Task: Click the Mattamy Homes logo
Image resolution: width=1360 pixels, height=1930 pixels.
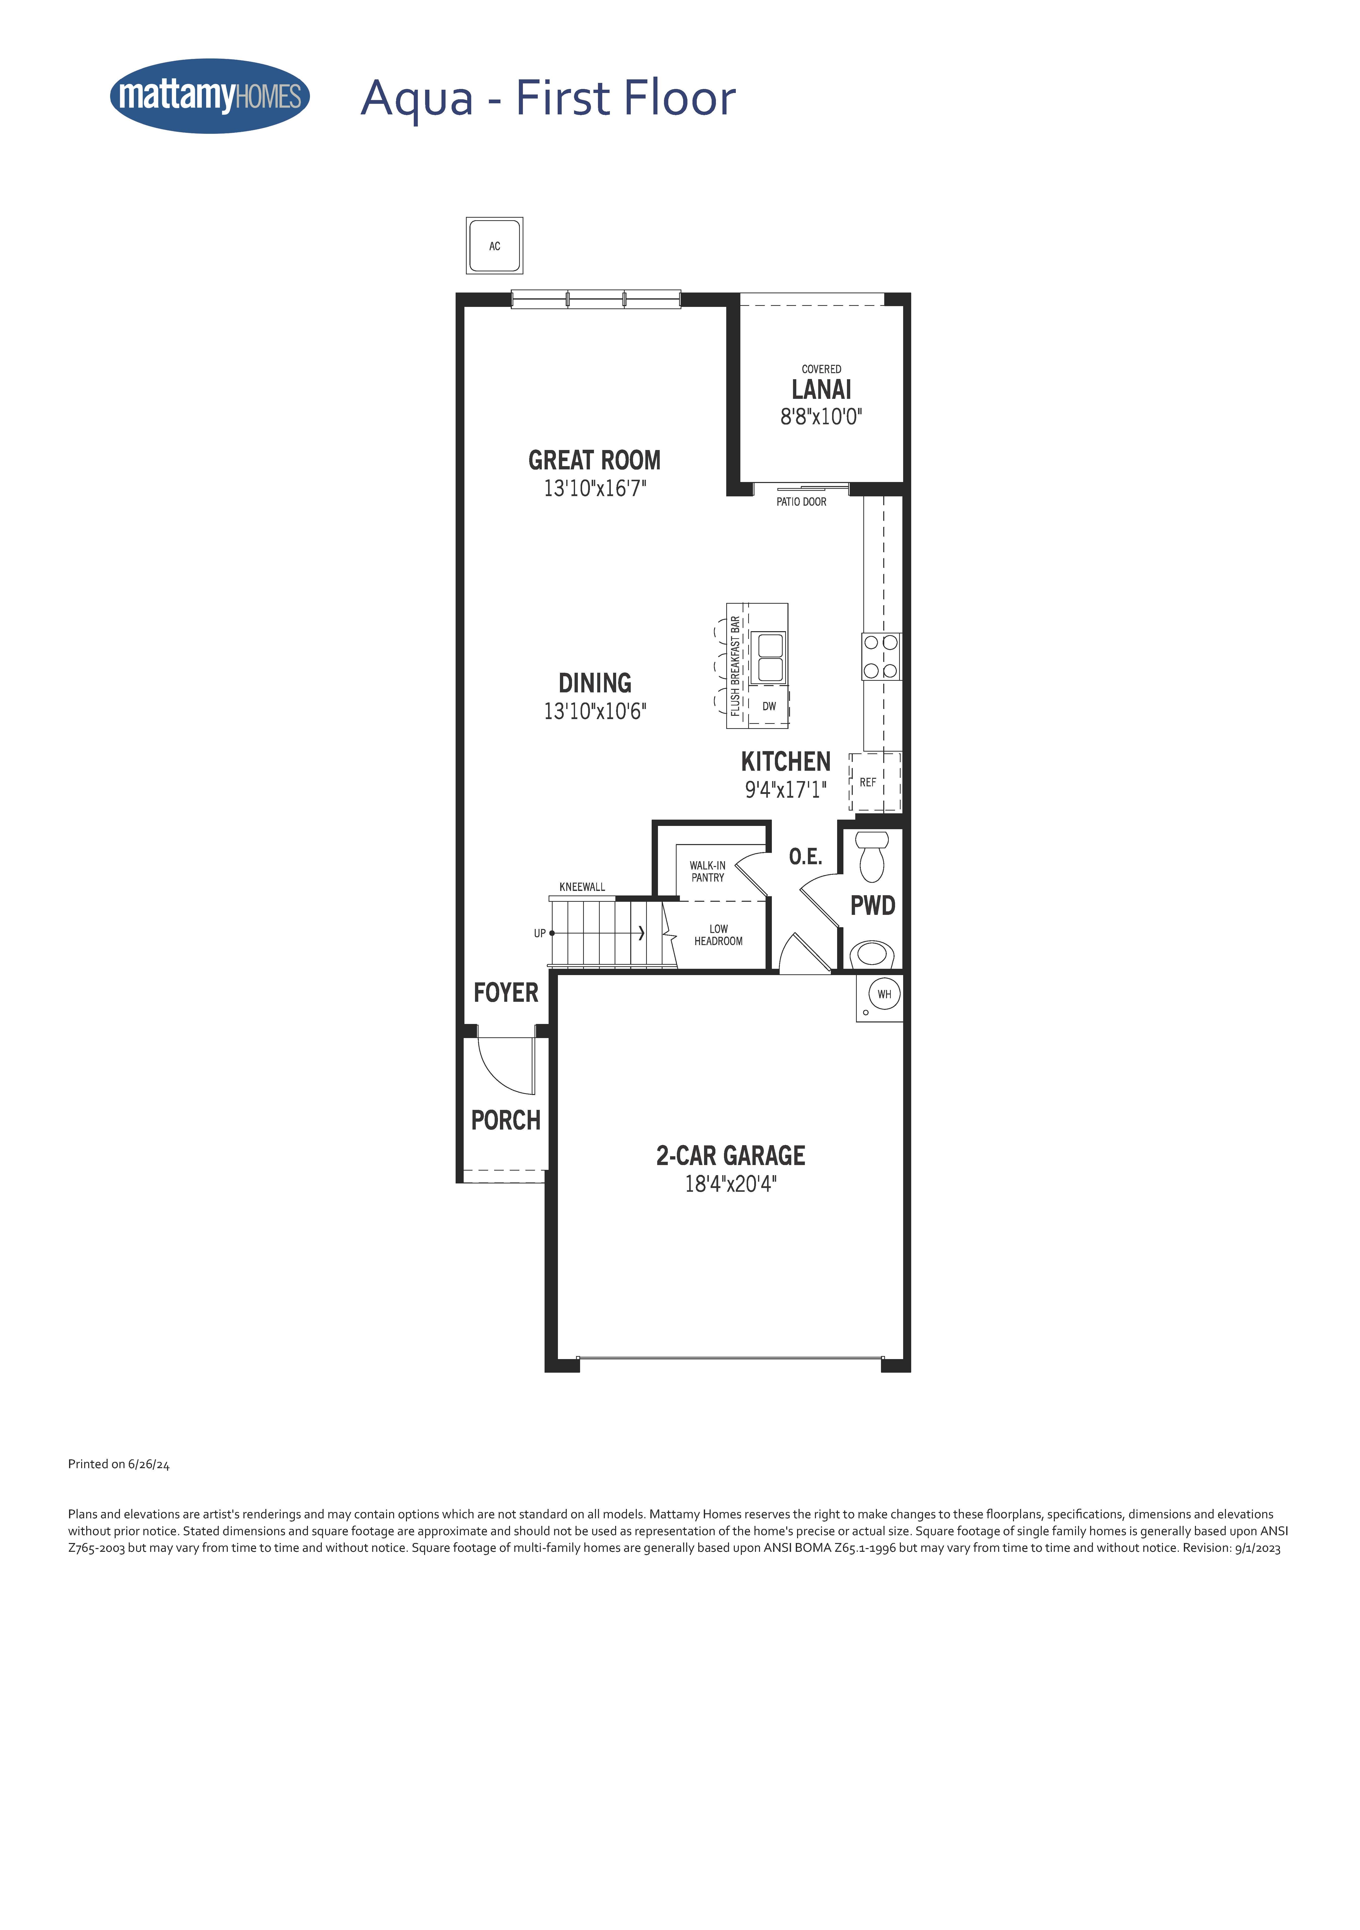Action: (x=210, y=96)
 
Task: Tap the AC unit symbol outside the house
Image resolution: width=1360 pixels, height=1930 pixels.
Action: (x=494, y=245)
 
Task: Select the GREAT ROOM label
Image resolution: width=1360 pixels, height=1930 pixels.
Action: (x=594, y=461)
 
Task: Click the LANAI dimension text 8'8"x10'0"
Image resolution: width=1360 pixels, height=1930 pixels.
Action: (x=821, y=417)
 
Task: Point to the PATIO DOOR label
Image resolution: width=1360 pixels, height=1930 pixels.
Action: (x=801, y=502)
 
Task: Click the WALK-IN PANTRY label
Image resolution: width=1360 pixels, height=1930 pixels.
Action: (x=708, y=871)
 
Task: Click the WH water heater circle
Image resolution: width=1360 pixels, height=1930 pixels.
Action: (x=884, y=994)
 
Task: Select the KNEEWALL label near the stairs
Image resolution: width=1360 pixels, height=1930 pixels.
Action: (x=582, y=887)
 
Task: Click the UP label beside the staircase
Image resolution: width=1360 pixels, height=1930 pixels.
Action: (x=540, y=933)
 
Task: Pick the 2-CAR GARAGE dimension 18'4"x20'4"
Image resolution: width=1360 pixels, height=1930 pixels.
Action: (x=731, y=1183)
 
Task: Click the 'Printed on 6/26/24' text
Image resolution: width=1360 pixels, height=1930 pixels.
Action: (x=118, y=1464)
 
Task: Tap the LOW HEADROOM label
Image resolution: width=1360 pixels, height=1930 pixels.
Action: (x=719, y=935)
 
